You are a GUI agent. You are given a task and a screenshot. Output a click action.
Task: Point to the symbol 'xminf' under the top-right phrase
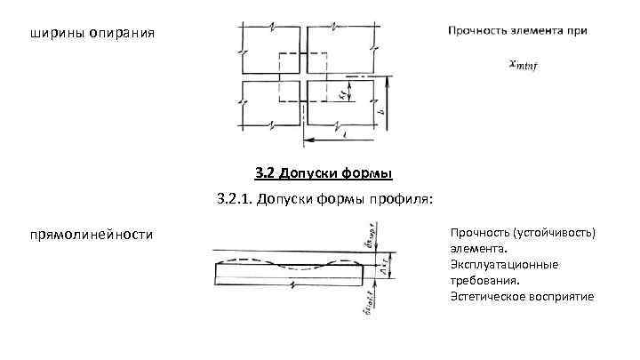(524, 63)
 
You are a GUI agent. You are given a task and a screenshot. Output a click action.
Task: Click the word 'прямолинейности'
(91, 235)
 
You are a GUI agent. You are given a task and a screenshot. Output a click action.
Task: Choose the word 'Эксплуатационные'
(504, 265)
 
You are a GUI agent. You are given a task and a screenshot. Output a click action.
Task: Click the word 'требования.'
(485, 280)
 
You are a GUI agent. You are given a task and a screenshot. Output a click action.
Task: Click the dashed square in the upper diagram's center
(303, 78)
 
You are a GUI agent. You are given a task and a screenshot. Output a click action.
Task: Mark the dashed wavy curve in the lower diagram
(293, 262)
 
